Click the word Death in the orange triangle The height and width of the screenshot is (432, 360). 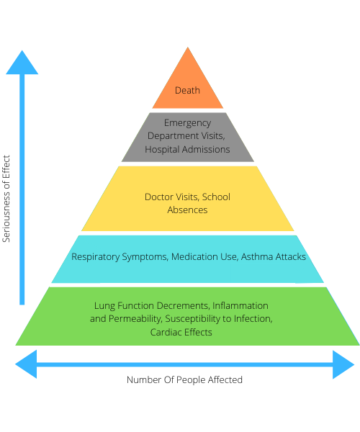[x=187, y=91]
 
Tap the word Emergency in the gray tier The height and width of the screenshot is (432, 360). [x=188, y=123]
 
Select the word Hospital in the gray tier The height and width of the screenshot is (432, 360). [x=162, y=150]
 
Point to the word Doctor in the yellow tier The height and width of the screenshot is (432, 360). [x=159, y=197]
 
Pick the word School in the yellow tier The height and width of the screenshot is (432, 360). [x=216, y=197]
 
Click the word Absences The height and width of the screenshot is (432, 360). [x=187, y=210]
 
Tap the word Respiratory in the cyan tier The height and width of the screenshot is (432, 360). [x=96, y=257]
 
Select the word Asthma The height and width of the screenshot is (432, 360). [x=257, y=257]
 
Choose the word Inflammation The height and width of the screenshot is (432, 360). [x=240, y=305]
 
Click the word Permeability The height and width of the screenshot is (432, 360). [x=135, y=319]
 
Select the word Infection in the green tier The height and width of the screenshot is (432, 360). [x=253, y=319]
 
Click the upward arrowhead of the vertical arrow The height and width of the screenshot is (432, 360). [x=22, y=62]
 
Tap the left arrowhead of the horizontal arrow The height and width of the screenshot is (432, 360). [x=26, y=364]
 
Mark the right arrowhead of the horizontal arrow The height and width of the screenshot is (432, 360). [x=343, y=364]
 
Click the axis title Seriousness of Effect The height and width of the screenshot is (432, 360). [x=6, y=199]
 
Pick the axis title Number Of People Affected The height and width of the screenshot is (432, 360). [x=184, y=380]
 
